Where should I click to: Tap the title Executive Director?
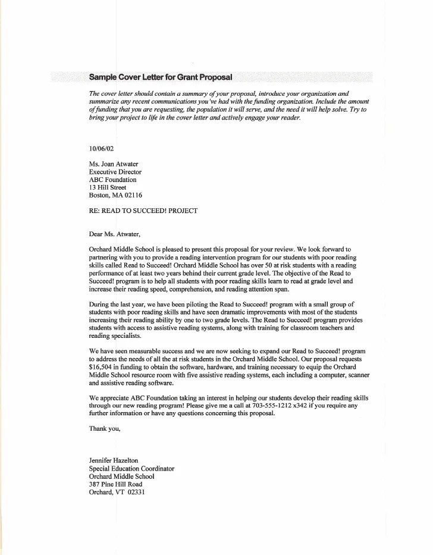[x=115, y=172]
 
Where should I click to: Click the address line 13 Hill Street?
[x=107, y=187]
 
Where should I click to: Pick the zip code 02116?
[x=132, y=195]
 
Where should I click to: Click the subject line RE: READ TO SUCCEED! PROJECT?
[x=143, y=211]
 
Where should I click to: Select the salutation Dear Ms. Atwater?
[x=115, y=234]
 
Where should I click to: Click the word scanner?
[x=356, y=376]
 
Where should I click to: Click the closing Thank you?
[x=105, y=429]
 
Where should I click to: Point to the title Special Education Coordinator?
[x=131, y=468]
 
